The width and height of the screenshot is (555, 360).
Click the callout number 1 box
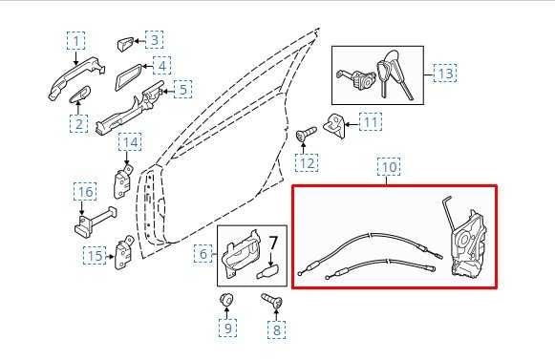tap(75, 41)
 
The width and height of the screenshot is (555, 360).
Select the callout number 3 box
tap(153, 40)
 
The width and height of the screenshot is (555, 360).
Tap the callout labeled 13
tap(446, 73)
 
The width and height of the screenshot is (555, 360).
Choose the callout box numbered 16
tap(85, 193)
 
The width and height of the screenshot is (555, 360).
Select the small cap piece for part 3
tap(125, 44)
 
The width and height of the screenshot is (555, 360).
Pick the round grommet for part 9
tap(227, 302)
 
